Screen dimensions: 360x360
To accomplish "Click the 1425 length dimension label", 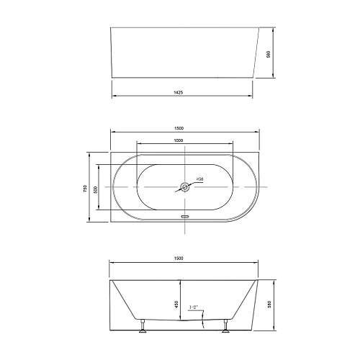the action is [x=178, y=92].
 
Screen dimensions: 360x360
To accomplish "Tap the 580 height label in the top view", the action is [x=269, y=54].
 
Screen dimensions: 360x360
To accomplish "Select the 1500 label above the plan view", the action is [x=179, y=128].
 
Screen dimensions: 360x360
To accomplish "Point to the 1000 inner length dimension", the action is [x=179, y=140].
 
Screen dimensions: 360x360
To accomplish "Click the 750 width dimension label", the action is [x=85, y=189].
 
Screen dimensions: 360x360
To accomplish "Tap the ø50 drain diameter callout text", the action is [x=200, y=179].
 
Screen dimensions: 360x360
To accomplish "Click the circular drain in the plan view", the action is [x=184, y=186].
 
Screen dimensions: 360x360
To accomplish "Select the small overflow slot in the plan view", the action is [x=184, y=216].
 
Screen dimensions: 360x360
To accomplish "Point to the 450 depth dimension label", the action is [x=176, y=305].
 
